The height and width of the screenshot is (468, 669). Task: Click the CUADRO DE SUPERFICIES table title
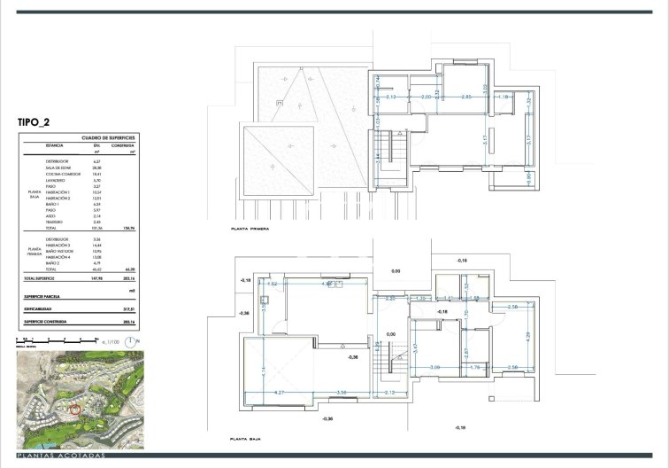coord(107,139)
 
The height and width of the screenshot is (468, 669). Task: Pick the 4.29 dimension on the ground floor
coord(530,337)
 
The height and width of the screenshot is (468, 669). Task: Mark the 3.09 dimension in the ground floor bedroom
coord(434,367)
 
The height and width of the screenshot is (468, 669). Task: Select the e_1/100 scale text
coord(108,340)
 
